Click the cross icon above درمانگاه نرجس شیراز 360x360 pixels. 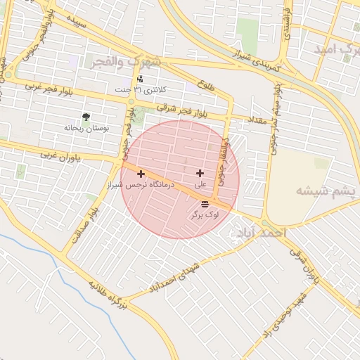tap(141, 173)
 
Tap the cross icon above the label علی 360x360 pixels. tap(200, 173)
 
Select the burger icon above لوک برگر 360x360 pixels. tap(205, 203)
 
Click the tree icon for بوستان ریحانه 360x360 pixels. tap(86, 117)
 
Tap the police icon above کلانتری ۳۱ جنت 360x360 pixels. tap(140, 79)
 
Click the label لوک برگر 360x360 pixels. tap(204, 214)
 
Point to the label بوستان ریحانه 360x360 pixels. tap(85, 128)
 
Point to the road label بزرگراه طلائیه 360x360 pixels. tap(108, 295)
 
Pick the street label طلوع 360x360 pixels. tap(206, 85)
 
